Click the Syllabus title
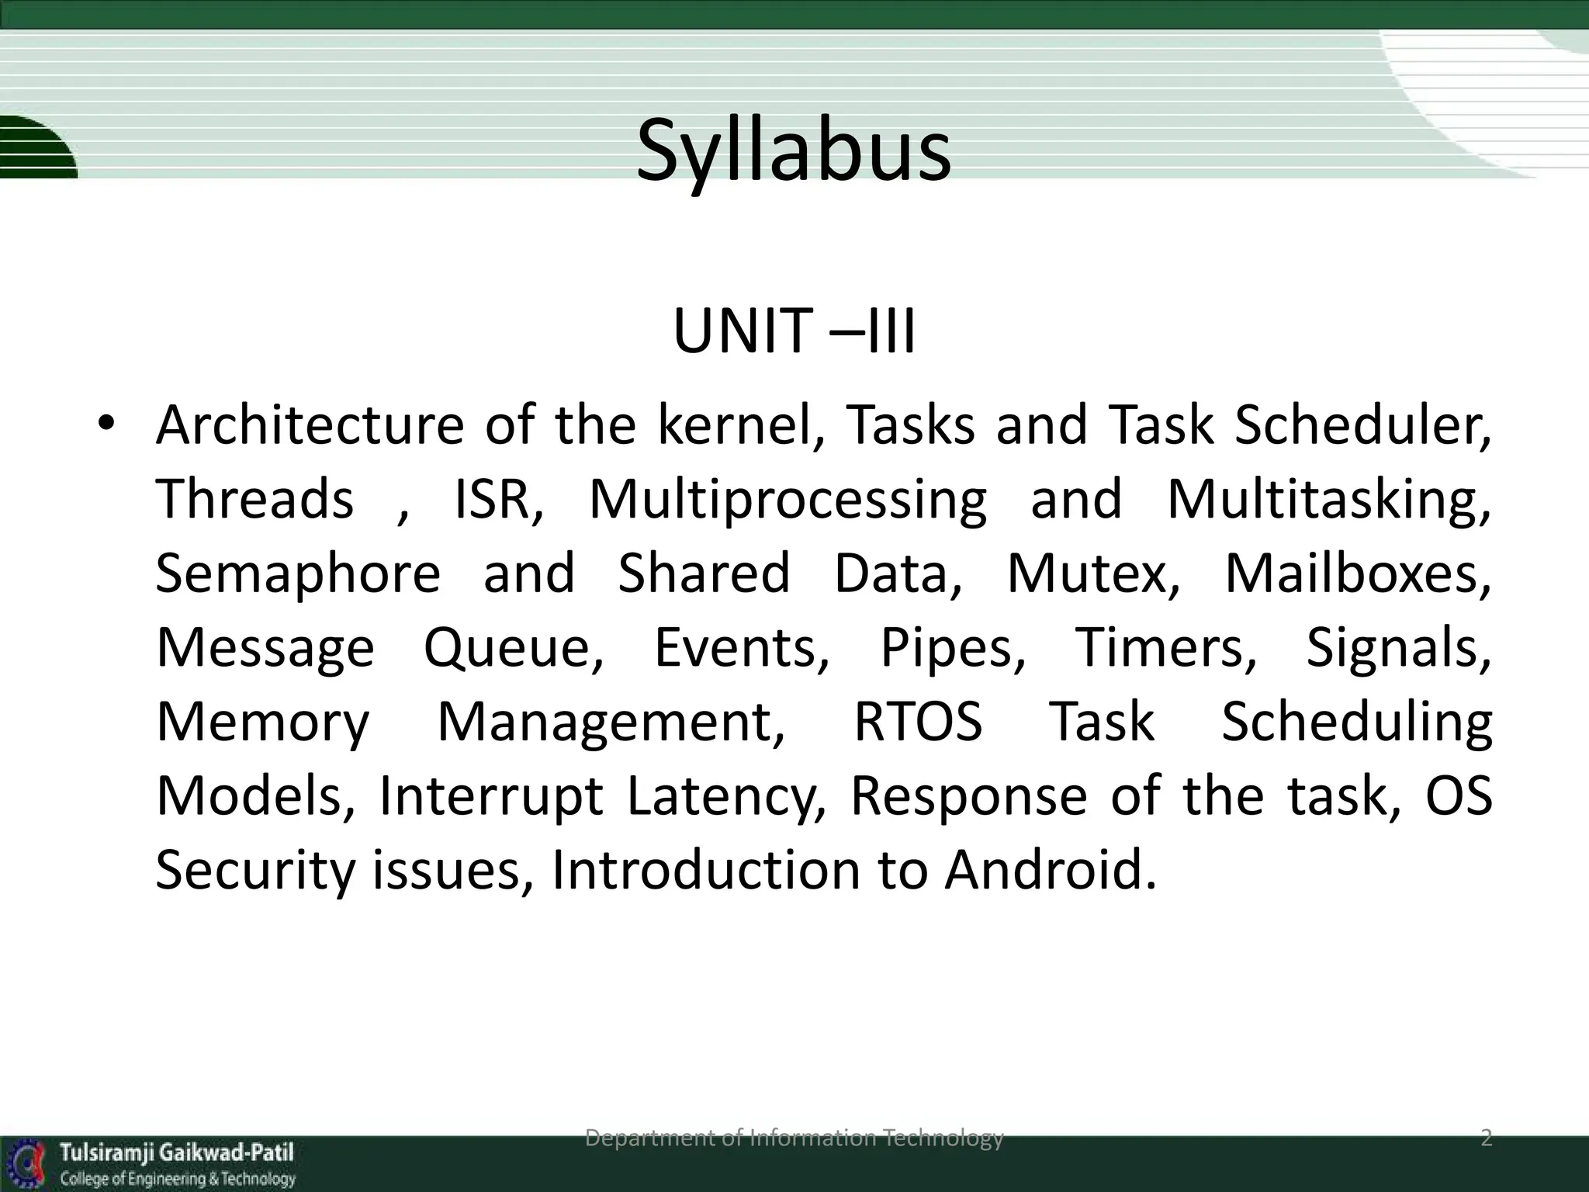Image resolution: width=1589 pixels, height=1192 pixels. pyautogui.click(x=793, y=151)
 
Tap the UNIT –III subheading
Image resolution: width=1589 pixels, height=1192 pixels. pyautogui.click(x=794, y=332)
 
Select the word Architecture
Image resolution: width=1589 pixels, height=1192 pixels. pyautogui.click(x=310, y=424)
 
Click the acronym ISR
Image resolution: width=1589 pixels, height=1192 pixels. pyautogui.click(x=497, y=499)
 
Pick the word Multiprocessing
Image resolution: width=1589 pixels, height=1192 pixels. pyautogui.click(x=788, y=499)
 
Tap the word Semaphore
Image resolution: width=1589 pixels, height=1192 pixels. pyautogui.click(x=298, y=573)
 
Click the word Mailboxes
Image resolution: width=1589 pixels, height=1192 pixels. pyautogui.click(x=1357, y=573)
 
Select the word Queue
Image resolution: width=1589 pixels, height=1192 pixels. pyautogui.click(x=513, y=647)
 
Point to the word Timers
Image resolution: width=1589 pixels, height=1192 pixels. pyautogui.click(x=1165, y=647)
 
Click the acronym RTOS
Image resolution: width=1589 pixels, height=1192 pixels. pyautogui.click(x=918, y=722)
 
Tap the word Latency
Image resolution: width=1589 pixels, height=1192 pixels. pyautogui.click(x=726, y=796)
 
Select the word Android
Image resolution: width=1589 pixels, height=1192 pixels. pyautogui.click(x=1049, y=870)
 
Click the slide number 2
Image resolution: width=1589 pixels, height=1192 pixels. pyautogui.click(x=1486, y=1138)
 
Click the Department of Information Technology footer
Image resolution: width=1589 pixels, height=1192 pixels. pyautogui.click(x=794, y=1138)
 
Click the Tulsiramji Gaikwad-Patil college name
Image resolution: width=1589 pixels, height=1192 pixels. pyautogui.click(x=178, y=1152)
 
